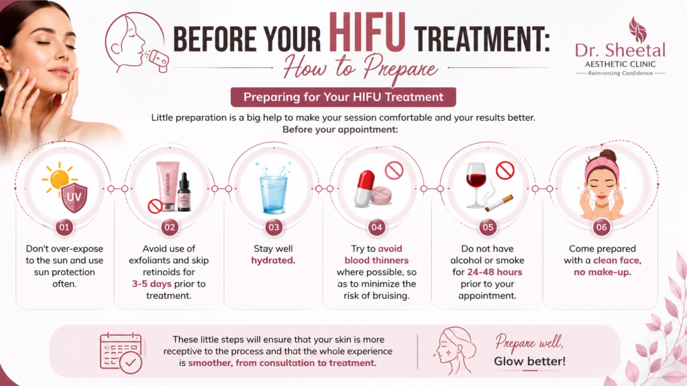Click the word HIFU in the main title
367,33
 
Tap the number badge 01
64,227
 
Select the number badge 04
377,227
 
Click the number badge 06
602,227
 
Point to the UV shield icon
74,198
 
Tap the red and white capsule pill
364,188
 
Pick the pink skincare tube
168,184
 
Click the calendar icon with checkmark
121,353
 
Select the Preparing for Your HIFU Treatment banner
343,97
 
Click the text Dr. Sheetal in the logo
620,50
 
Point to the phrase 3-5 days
152,284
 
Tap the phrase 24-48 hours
494,272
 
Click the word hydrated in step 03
272,261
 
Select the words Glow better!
530,361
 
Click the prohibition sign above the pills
394,170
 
